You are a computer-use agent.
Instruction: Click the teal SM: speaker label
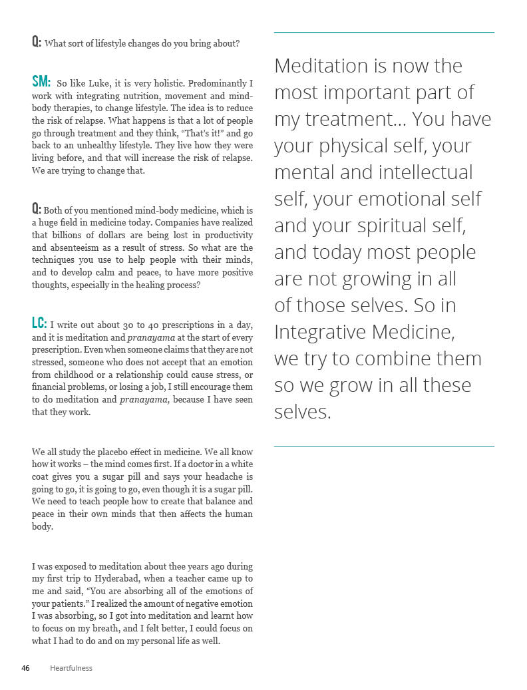tap(41, 82)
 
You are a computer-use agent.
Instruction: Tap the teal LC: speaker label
tap(39, 323)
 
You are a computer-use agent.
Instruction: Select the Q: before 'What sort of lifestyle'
tap(37, 42)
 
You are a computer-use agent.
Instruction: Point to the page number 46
tap(26, 668)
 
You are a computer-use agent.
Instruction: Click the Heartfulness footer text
tap(71, 668)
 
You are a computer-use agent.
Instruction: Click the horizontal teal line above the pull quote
tap(384, 32)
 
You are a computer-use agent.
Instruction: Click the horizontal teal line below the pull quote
tap(384, 446)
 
